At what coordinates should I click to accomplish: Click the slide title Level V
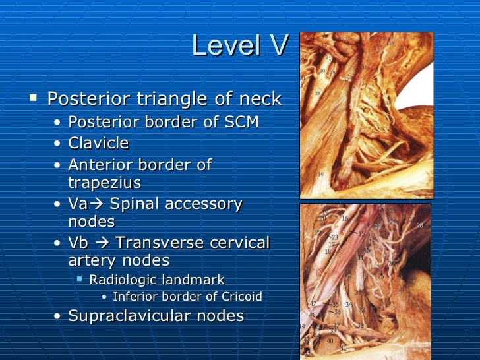240,45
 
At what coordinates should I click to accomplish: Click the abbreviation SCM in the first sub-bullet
240,123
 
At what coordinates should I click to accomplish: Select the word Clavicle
98,143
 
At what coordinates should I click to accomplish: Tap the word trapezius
104,182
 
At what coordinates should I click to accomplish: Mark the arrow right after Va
99,204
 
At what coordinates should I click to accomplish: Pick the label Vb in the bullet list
80,243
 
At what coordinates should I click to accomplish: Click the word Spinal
135,204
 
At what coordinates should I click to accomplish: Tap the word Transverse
156,243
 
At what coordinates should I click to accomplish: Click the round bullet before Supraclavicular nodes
59,316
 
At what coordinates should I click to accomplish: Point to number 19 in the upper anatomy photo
321,173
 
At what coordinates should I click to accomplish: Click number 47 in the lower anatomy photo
313,304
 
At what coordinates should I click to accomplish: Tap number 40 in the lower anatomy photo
330,340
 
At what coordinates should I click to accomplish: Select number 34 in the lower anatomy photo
349,305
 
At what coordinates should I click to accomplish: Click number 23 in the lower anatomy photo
335,237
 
